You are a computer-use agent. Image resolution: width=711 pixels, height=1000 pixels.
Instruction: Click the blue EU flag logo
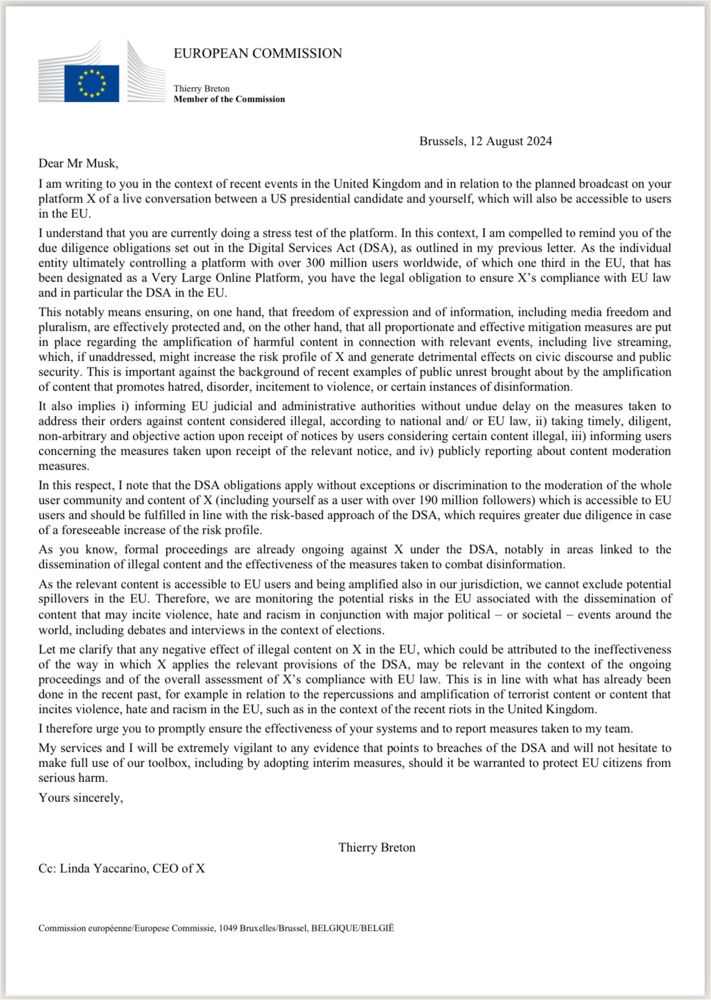91,83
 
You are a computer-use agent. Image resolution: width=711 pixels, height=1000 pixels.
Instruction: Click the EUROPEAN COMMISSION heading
258,54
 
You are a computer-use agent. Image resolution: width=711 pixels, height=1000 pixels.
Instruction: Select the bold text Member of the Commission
229,100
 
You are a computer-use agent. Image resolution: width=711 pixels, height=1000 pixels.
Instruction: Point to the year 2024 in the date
539,142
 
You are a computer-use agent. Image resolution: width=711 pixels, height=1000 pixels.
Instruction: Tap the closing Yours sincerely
81,798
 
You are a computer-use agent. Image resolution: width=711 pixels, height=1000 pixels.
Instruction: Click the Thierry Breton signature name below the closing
377,848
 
